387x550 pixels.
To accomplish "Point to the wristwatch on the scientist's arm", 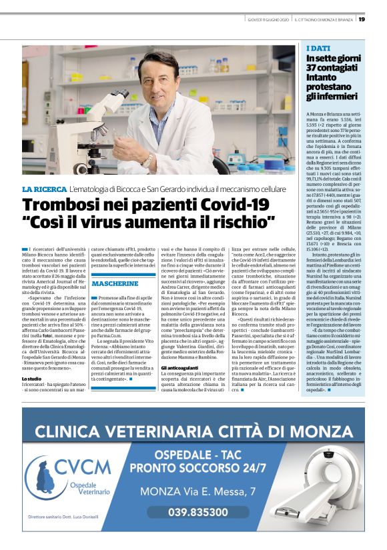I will tap(147, 159).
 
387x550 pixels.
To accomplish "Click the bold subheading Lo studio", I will tap(31, 379).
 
